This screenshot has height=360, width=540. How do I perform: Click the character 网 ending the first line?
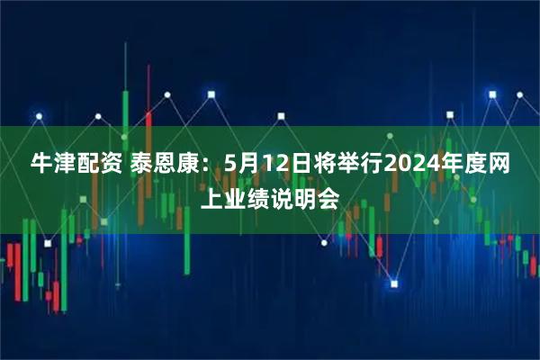[x=501, y=165]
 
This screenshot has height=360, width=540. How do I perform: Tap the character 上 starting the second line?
[x=211, y=199]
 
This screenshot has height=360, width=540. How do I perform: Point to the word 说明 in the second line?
[x=298, y=199]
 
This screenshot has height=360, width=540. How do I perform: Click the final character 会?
[x=330, y=199]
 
